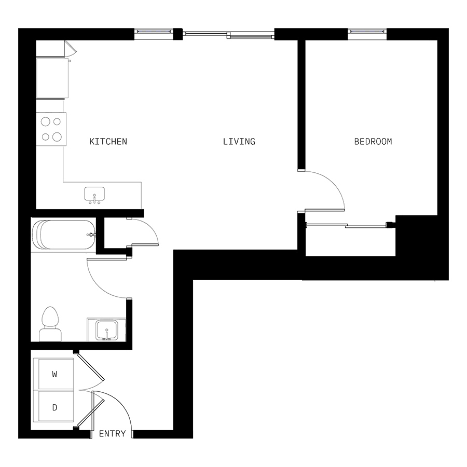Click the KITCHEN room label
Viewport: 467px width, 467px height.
pyautogui.click(x=108, y=142)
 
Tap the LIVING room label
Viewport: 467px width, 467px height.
pyautogui.click(x=239, y=142)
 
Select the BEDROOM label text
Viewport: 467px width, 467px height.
pyautogui.click(x=373, y=142)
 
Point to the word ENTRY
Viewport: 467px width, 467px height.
pyautogui.click(x=112, y=434)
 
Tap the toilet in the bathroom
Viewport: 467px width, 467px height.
pyautogui.click(x=50, y=324)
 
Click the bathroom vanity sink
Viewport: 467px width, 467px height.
pyautogui.click(x=106, y=331)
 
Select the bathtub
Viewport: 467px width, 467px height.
pyautogui.click(x=64, y=235)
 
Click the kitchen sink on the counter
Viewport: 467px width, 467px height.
pyautogui.click(x=94, y=195)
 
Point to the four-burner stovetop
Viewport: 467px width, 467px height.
pyautogui.click(x=51, y=129)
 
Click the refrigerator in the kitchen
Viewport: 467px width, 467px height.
pyautogui.click(x=52, y=78)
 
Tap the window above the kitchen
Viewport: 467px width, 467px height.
pyautogui.click(x=154, y=31)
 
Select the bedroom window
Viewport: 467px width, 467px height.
pyautogui.click(x=367, y=31)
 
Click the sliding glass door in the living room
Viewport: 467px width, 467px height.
pyautogui.click(x=228, y=35)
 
